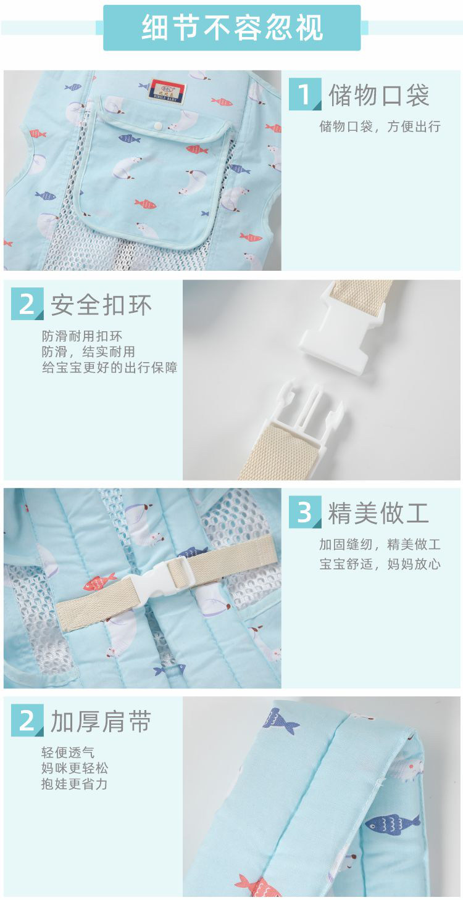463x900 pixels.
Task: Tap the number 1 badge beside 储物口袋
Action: pos(305,94)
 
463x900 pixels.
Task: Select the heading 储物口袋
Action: pos(379,95)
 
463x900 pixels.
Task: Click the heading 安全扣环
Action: pos(101,305)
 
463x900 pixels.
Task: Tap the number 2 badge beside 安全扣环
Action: pos(27,303)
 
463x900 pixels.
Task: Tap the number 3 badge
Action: pos(305,512)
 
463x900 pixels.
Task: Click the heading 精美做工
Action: pos(378,513)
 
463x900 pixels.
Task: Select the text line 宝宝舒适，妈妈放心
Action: pos(380,564)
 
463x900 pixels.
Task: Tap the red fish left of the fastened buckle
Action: pos(99,582)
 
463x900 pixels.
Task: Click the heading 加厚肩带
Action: pos(101,722)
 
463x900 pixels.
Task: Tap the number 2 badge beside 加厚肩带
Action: pos(27,720)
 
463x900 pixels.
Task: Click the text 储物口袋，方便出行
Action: pos(380,126)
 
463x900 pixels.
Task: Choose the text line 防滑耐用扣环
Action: pos(81,336)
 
